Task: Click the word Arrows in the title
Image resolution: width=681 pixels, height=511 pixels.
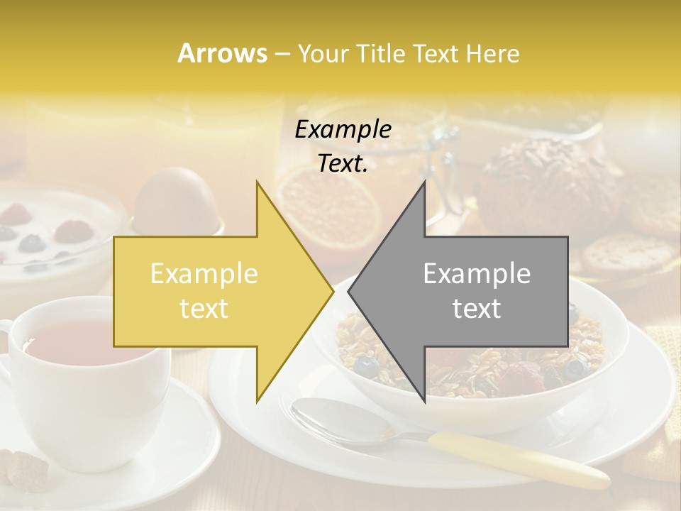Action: click(x=222, y=53)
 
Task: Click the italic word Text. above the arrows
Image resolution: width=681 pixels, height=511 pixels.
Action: click(x=343, y=164)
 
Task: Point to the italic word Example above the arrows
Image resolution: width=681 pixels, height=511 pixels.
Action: click(x=343, y=130)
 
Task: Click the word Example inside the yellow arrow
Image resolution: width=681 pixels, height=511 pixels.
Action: click(x=204, y=274)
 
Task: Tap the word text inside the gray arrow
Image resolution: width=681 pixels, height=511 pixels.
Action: click(x=477, y=308)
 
